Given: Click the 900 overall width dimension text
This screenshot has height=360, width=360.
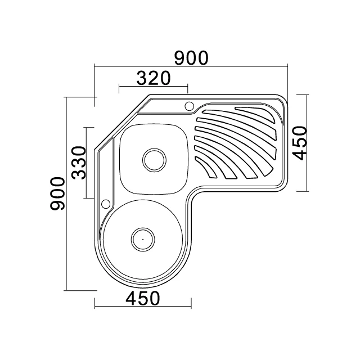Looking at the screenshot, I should pyautogui.click(x=191, y=57).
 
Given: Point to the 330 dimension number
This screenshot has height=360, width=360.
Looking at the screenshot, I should pyautogui.click(x=78, y=163).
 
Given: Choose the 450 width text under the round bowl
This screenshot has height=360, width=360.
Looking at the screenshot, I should pyautogui.click(x=142, y=298).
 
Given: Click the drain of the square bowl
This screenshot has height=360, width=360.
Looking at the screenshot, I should pyautogui.click(x=154, y=159).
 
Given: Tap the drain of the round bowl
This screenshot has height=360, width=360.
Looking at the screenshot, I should pyautogui.click(x=142, y=238).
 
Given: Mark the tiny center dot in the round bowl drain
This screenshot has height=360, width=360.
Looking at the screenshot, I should pyautogui.click(x=142, y=238).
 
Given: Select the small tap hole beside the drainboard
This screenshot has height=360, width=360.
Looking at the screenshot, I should pyautogui.click(x=189, y=105).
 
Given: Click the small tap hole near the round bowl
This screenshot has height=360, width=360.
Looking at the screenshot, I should pyautogui.click(x=105, y=204).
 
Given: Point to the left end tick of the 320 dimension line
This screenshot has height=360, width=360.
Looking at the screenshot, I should pyautogui.click(x=119, y=89).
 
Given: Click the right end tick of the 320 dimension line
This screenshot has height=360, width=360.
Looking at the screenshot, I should pyautogui.click(x=188, y=89).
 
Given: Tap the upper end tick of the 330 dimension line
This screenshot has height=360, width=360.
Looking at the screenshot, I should pyautogui.click(x=87, y=128).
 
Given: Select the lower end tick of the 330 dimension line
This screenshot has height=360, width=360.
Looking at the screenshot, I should pyautogui.click(x=87, y=199).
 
